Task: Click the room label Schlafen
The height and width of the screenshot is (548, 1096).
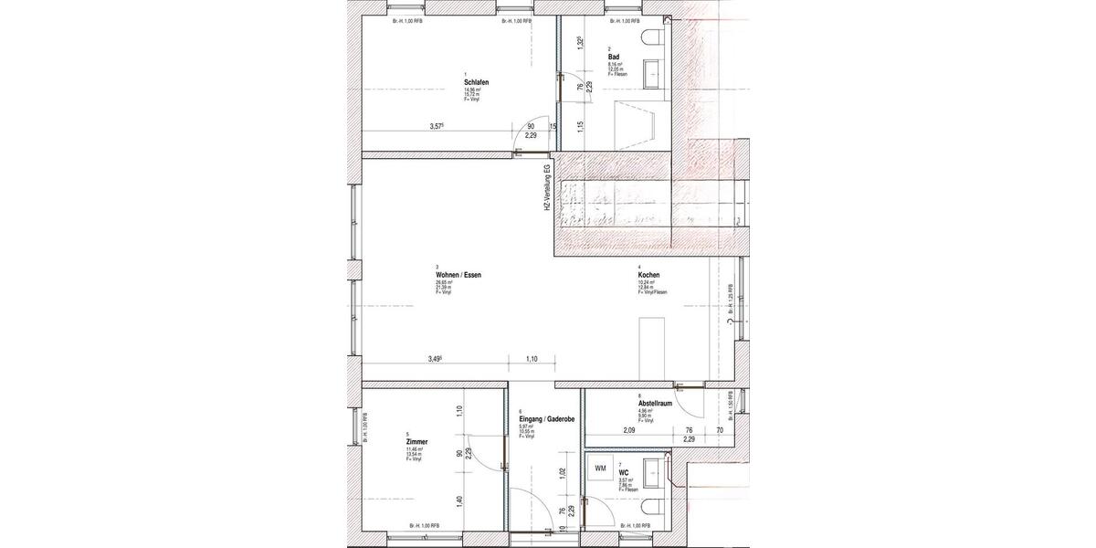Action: [476, 83]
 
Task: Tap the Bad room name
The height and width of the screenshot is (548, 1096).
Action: [614, 57]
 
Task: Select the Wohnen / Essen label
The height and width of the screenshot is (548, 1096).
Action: [458, 275]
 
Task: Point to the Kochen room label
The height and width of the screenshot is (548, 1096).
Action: [648, 275]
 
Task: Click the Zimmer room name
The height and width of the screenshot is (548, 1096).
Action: [417, 441]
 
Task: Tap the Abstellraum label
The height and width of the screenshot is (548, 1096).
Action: [655, 404]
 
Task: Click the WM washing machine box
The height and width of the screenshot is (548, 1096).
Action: [600, 469]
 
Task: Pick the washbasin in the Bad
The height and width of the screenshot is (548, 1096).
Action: [654, 70]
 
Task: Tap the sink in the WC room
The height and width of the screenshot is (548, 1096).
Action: [655, 472]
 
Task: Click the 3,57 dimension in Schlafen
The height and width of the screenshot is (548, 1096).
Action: [437, 127]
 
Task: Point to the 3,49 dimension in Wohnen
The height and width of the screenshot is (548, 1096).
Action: [436, 359]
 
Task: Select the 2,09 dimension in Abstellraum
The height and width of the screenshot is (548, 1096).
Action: [629, 430]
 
